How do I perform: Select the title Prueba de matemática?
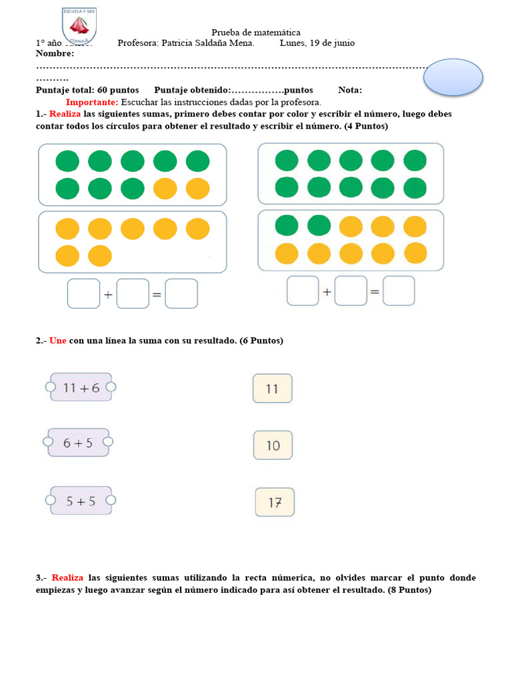[x=256, y=32]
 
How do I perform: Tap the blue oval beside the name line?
[x=453, y=77]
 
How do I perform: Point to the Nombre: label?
[x=55, y=53]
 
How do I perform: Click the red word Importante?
[x=92, y=102]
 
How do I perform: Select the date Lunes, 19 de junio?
[x=317, y=43]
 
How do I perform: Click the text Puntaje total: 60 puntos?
[x=87, y=90]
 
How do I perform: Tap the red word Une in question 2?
[x=58, y=340]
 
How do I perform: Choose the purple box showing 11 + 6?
[x=81, y=387]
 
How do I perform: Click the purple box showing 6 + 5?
[x=78, y=442]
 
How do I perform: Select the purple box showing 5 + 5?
[x=81, y=501]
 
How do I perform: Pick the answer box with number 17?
[x=275, y=503]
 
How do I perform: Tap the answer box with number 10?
[x=273, y=446]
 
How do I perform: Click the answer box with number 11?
[x=272, y=388]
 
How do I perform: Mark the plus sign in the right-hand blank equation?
[x=327, y=292]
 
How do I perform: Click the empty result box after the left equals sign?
[x=181, y=294]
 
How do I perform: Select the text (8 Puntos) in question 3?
[x=409, y=590]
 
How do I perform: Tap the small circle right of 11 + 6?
[x=111, y=387]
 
